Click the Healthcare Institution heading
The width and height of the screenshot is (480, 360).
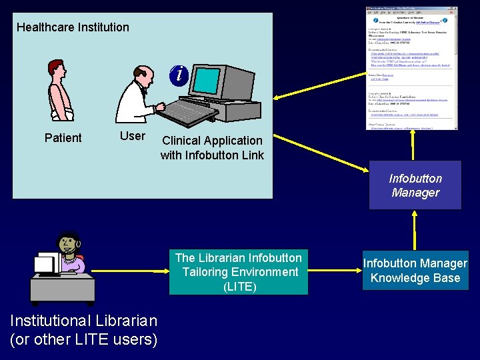tap(73, 27)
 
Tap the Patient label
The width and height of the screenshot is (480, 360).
tap(63, 138)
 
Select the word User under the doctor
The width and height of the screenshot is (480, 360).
tap(132, 136)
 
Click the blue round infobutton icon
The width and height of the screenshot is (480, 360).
tap(178, 75)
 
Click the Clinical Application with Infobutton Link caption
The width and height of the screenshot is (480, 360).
tap(212, 148)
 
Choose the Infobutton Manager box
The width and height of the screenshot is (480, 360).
tap(415, 186)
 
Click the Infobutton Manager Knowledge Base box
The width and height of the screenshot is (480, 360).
tap(415, 271)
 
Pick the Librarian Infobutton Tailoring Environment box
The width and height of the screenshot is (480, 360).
tap(238, 272)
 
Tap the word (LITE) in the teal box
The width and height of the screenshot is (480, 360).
tap(238, 287)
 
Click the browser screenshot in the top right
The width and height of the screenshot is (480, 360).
tap(412, 68)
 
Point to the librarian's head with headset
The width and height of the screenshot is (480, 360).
tap(68, 244)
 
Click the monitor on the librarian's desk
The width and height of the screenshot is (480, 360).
tap(46, 265)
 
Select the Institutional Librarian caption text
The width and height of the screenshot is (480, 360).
tap(84, 330)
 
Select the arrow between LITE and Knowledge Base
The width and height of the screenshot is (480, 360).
tap(335, 271)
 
